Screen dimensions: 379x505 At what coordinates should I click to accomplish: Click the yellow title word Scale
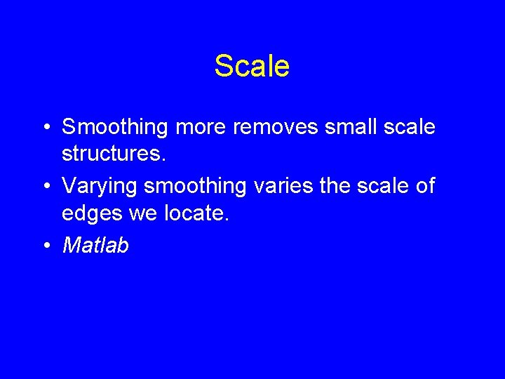[252, 66]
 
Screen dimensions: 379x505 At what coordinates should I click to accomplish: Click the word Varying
[100, 187]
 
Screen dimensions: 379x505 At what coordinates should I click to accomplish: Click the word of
[426, 187]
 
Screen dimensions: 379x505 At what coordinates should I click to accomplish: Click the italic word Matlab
[95, 246]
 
